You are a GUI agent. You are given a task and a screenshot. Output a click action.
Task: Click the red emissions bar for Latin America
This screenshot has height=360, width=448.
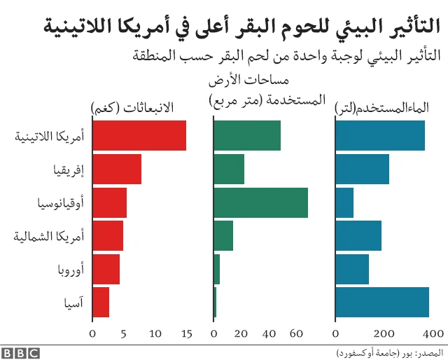tap(139, 136)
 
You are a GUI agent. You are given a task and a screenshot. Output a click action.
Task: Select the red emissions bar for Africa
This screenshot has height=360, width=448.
tap(116, 169)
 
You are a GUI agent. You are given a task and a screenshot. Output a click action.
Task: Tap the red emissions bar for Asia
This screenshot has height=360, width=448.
tap(101, 303)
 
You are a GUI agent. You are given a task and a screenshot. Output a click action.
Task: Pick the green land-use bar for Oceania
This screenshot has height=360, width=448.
tap(260, 202)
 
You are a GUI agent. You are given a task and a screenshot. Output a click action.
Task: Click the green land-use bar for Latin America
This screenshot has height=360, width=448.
tap(246, 136)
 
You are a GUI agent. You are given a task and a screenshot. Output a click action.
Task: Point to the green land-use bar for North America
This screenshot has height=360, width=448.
tap(223, 235)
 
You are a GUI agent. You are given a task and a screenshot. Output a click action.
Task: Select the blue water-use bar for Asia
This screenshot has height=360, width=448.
tap(382, 303)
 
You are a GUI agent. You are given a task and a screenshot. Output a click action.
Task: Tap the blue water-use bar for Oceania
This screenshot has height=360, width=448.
tap(344, 202)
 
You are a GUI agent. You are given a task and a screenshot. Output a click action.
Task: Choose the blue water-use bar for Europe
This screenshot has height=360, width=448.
tap(352, 269)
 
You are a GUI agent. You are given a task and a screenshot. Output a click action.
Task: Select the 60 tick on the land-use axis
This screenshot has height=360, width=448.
tap(295, 334)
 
